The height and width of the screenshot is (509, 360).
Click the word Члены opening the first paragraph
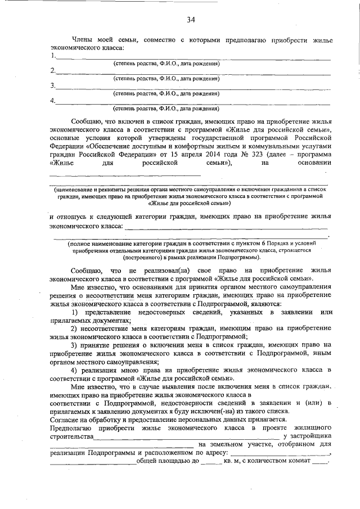[83, 40]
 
